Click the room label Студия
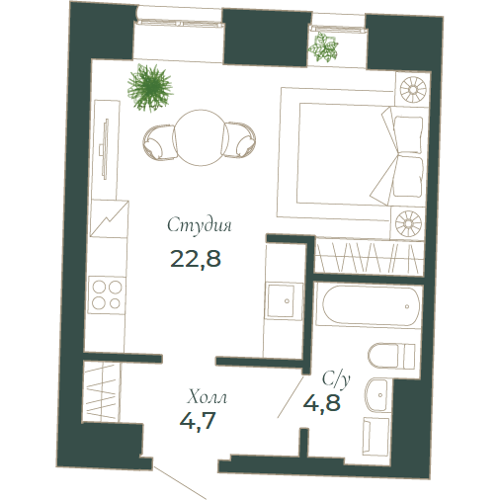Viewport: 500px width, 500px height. [x=200, y=225]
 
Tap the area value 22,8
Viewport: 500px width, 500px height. [x=196, y=258]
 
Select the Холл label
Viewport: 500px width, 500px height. [x=208, y=397]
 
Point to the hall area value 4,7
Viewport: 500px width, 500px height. [x=198, y=420]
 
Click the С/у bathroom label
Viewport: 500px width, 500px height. [x=336, y=379]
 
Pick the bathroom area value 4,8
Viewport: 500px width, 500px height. [x=322, y=402]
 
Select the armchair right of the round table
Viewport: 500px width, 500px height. [x=239, y=140]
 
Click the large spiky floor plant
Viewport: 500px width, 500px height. [x=150, y=86]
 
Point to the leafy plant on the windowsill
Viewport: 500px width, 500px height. [x=323, y=46]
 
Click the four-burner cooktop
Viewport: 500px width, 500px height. [x=107, y=295]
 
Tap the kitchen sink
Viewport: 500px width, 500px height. [x=281, y=301]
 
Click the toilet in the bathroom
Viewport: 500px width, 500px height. [x=391, y=356]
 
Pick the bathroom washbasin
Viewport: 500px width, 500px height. [x=376, y=394]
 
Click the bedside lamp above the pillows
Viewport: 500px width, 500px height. [x=413, y=89]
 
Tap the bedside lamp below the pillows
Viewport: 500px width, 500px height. [x=408, y=223]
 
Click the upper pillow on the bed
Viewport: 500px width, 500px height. [x=408, y=134]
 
